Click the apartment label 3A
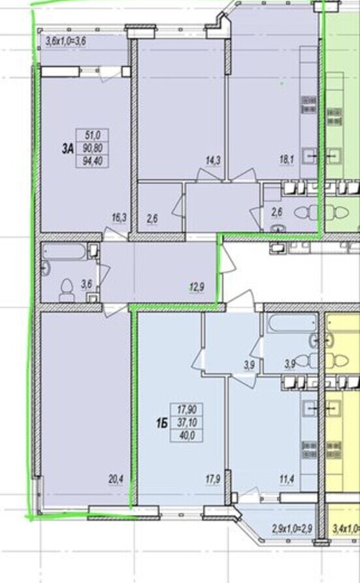pos(67,149)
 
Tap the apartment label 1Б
pos(162,423)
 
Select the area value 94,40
pos(92,161)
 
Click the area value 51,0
pos(92,135)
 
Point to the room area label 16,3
pos(119,218)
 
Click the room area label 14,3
pos(213,161)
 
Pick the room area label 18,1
pos(287,160)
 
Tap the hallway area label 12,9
pos(197,288)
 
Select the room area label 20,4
pos(116,480)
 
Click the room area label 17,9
pos(213,480)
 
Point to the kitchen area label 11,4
pos(287,480)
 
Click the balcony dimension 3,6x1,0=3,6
pos(66,41)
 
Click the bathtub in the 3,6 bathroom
pos(64,252)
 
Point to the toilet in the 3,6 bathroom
pos(67,290)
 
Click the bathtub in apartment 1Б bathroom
pos(291,323)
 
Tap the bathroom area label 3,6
pos(86,284)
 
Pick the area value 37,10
pos(187,422)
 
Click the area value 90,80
pos(92,148)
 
